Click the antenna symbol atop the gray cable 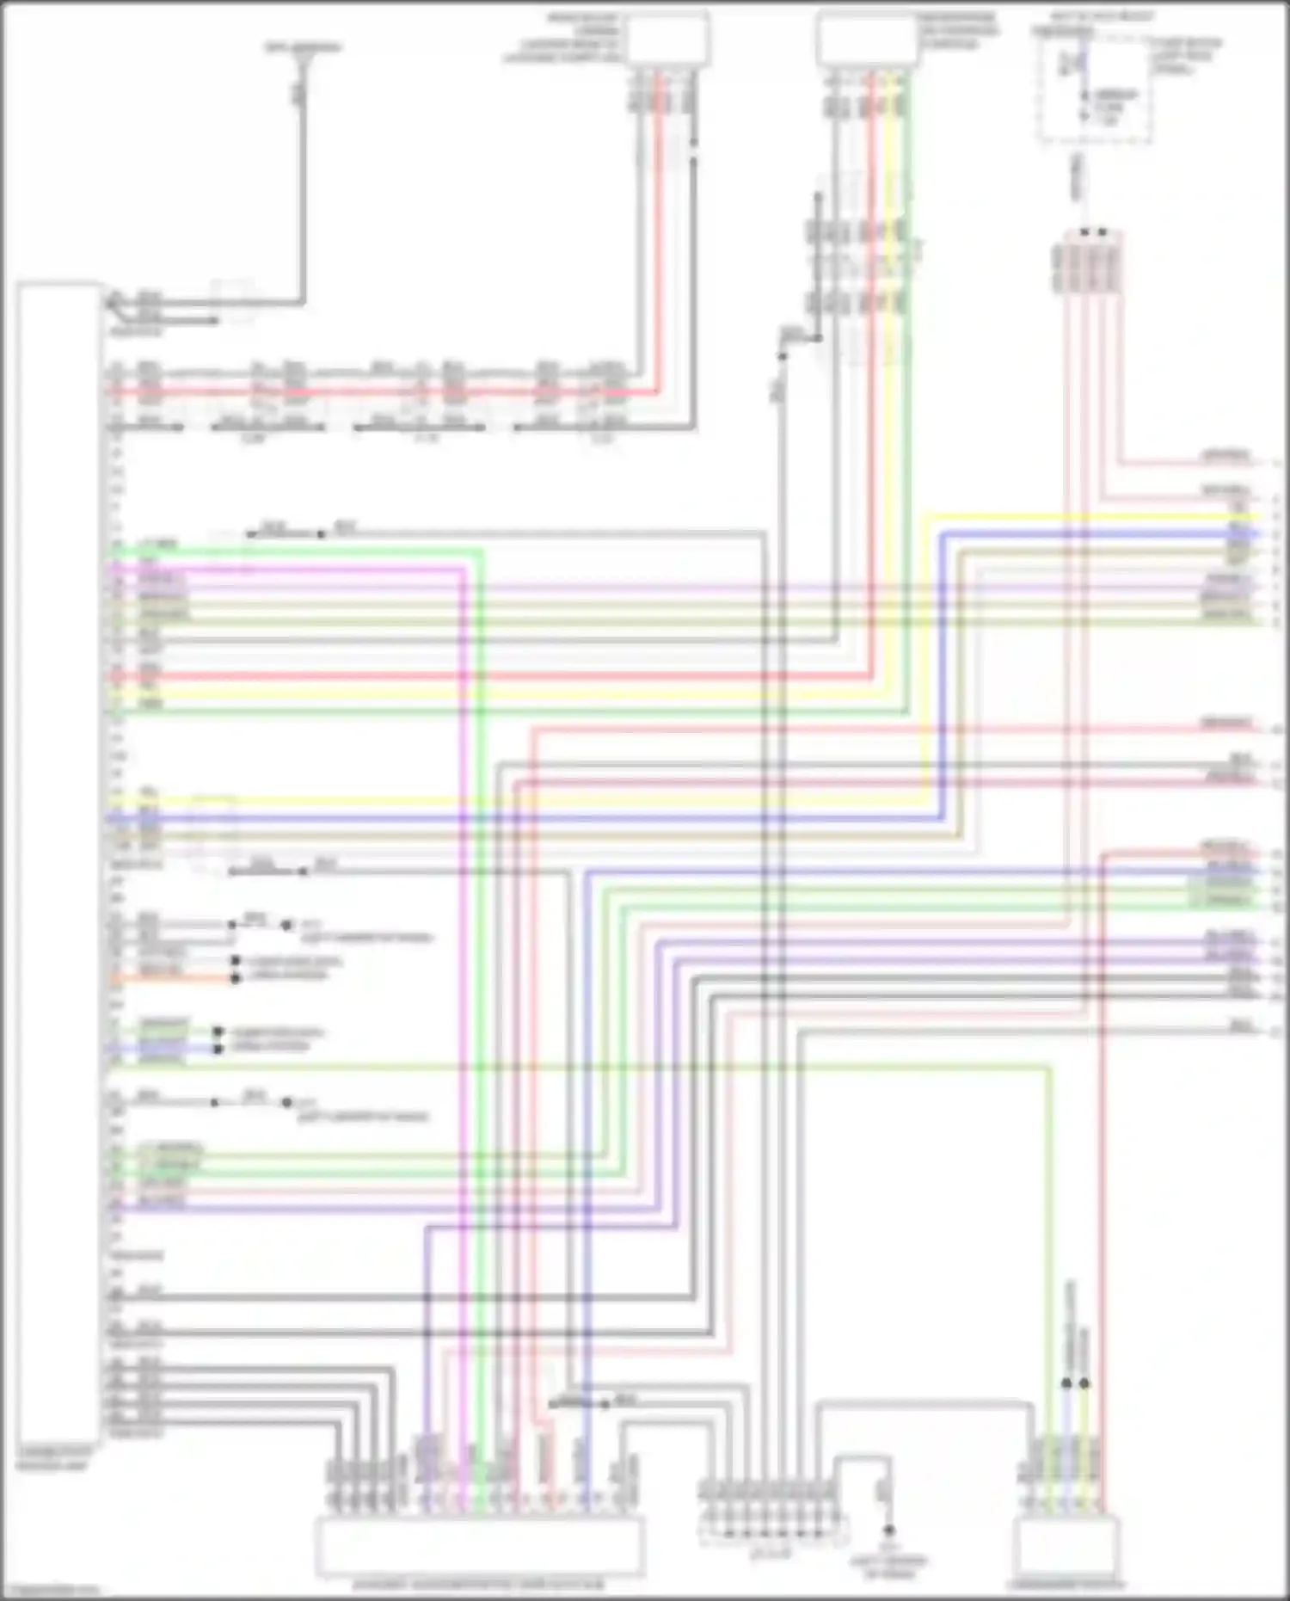tap(302, 65)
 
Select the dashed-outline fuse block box tap(1094, 89)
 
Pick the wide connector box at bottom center tap(480, 1546)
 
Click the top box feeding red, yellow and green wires tap(867, 39)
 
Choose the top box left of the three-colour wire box tap(667, 39)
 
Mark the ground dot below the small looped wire tap(888, 1530)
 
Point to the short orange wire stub tap(172, 979)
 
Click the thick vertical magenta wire tap(464, 1032)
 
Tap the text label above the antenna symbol tap(303, 46)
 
